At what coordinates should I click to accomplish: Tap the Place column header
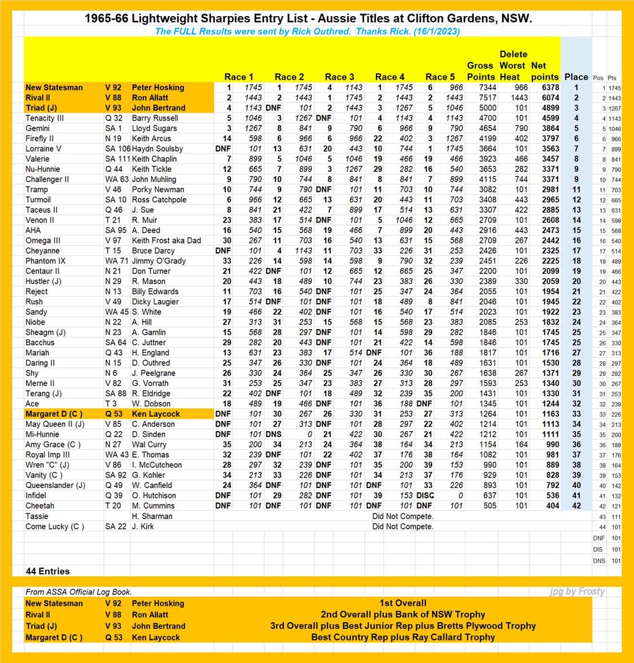tap(576, 77)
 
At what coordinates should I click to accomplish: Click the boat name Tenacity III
tap(45, 118)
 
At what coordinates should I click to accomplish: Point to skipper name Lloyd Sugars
tap(154, 128)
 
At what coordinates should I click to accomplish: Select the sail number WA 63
tap(116, 179)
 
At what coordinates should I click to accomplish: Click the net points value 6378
tap(545, 88)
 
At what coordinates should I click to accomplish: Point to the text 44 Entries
tap(47, 571)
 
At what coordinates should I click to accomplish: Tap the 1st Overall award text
tap(402, 603)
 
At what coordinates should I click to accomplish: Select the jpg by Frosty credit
tap(577, 592)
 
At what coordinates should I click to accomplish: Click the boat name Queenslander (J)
tap(55, 485)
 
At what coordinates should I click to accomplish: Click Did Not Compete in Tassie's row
tap(402, 516)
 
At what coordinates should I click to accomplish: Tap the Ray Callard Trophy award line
tap(402, 637)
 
